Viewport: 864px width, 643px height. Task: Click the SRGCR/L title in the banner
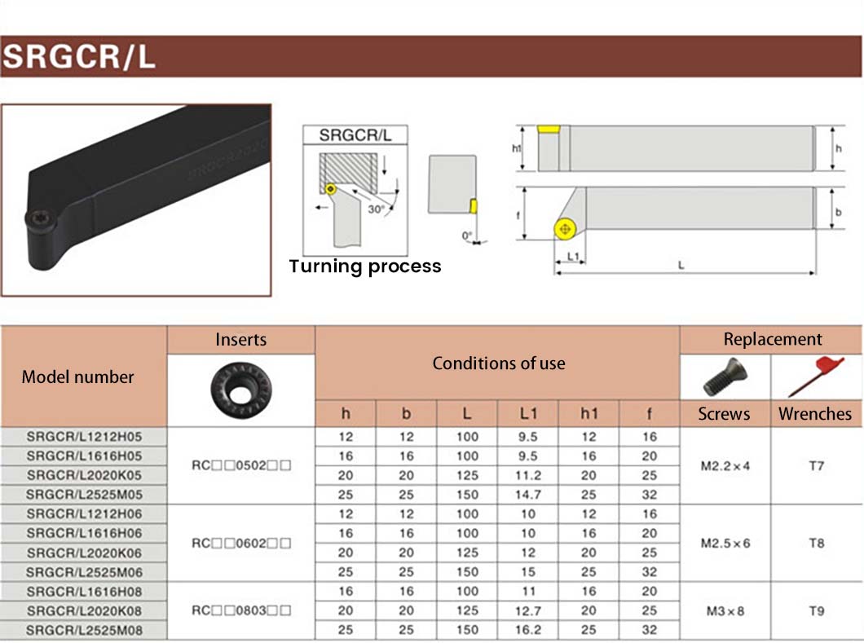(x=79, y=58)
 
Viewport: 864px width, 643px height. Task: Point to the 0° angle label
(x=467, y=236)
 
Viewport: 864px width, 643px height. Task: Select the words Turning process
(x=365, y=266)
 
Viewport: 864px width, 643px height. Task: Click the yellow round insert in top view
(x=563, y=230)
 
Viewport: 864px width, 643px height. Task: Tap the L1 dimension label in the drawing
(x=572, y=256)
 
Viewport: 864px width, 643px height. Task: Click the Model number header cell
(x=77, y=377)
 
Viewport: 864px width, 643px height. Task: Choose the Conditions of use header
(x=498, y=363)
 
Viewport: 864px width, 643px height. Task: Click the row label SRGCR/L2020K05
(x=84, y=475)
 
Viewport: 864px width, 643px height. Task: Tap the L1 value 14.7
(x=528, y=495)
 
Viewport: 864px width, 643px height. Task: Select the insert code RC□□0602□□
(x=240, y=543)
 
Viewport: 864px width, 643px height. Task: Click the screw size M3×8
(x=725, y=610)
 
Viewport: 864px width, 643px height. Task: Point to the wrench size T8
(x=816, y=543)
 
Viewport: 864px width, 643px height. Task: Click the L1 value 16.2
(x=528, y=630)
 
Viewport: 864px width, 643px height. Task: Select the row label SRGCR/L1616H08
(x=84, y=591)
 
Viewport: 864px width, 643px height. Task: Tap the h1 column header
(x=588, y=414)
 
